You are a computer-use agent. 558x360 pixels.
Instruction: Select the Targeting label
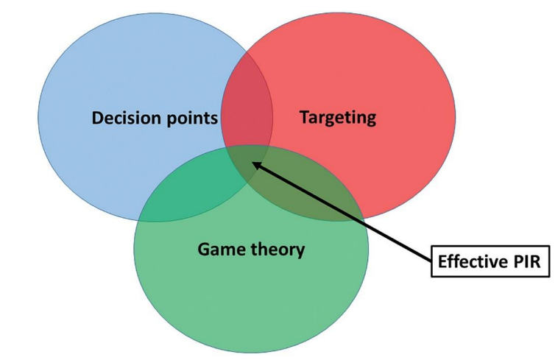tap(338, 116)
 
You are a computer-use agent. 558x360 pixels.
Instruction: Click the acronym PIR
tap(525, 261)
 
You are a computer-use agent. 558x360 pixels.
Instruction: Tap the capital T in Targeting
tap(304, 116)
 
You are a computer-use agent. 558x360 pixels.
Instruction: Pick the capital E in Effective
tap(442, 261)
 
